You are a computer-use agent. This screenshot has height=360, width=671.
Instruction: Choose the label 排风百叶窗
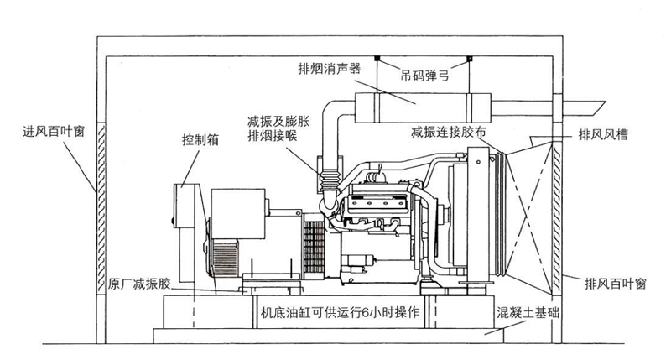[x=616, y=283]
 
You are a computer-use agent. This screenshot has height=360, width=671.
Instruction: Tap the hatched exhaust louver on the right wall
[x=553, y=214]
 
